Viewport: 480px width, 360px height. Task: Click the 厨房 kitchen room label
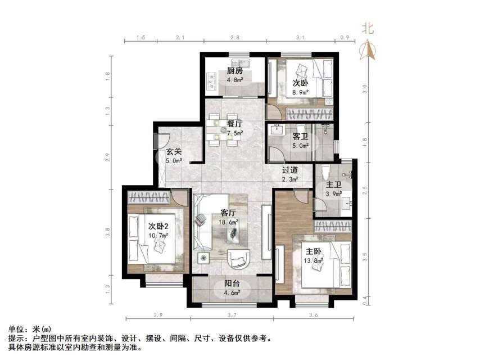(x=234, y=71)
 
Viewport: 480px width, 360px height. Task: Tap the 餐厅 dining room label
(x=234, y=124)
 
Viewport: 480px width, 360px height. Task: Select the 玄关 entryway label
(x=173, y=151)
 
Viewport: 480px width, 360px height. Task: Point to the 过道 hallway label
(x=289, y=169)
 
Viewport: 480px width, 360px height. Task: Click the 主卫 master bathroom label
(x=334, y=185)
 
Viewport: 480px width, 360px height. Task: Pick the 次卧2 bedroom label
(x=159, y=226)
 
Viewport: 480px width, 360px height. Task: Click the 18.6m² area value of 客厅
(x=229, y=222)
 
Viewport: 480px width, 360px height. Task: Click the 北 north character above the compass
(x=368, y=28)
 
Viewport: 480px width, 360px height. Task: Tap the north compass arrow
(x=369, y=51)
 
